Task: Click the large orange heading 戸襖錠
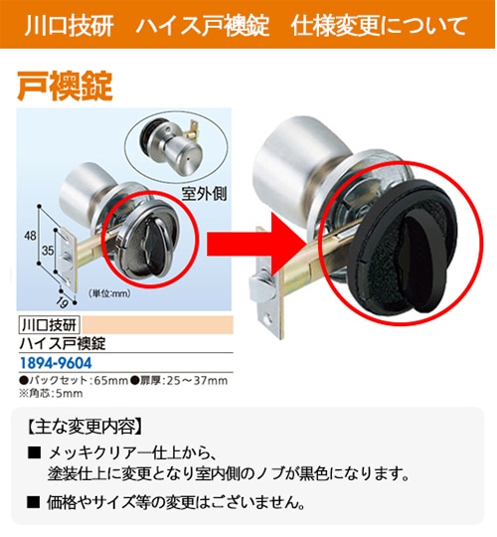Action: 65,86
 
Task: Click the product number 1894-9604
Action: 56,363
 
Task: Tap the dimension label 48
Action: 30,236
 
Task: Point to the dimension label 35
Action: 48,251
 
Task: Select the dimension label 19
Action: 63,302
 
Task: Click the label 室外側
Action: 204,194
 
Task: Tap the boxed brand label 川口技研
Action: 50,324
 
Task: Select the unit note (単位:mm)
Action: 109,293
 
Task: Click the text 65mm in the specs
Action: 110,381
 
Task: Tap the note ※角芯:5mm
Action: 51,393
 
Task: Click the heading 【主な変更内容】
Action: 83,427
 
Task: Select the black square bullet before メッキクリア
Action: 34,453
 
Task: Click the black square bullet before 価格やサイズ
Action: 34,502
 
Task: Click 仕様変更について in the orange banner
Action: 379,25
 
